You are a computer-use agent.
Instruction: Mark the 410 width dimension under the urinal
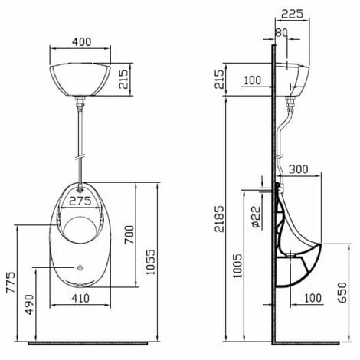point(83,298)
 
